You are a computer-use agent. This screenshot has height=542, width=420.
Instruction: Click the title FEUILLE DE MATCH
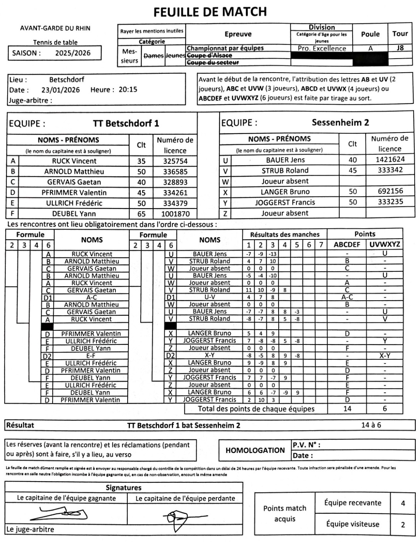[210, 12]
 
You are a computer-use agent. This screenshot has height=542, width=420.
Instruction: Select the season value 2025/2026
[73, 53]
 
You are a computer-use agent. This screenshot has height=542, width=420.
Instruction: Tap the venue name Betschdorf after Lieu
[67, 80]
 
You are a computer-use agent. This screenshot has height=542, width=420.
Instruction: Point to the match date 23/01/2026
[61, 90]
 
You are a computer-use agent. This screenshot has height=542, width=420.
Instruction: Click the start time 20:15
[128, 90]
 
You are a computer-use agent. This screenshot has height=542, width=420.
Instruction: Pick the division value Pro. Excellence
[322, 49]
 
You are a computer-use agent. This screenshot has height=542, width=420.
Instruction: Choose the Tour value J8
[400, 48]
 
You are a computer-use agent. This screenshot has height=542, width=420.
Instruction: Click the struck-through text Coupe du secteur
[213, 62]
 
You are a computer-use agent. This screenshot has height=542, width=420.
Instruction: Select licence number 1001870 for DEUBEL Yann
[175, 214]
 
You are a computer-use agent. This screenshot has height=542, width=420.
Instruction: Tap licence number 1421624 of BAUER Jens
[390, 159]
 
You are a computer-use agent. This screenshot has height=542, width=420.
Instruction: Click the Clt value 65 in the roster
[141, 214]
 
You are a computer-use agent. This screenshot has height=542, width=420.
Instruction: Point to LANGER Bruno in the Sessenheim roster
[285, 192]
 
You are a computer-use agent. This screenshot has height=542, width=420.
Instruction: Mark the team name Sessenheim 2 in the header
[340, 123]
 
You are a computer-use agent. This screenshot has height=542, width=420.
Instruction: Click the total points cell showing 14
[347, 409]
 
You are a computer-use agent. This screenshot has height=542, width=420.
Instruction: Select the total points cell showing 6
[385, 409]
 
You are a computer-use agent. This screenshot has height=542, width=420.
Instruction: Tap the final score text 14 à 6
[371, 425]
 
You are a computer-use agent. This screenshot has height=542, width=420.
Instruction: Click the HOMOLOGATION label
[255, 450]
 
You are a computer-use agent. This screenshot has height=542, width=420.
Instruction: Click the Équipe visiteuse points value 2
[403, 525]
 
